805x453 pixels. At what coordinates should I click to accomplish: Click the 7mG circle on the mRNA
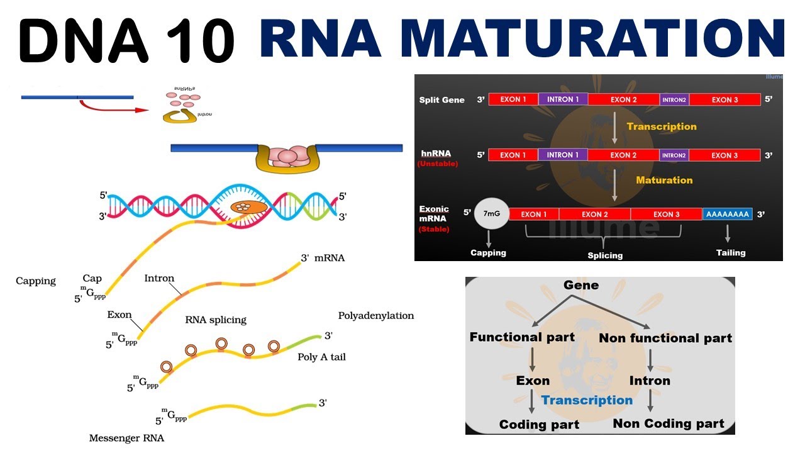pyautogui.click(x=492, y=215)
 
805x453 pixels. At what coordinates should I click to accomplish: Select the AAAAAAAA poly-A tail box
pyautogui.click(x=727, y=215)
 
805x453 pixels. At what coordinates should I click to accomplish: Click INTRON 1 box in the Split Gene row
pyautogui.click(x=563, y=99)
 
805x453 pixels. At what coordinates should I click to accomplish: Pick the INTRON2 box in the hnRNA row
pyautogui.click(x=674, y=155)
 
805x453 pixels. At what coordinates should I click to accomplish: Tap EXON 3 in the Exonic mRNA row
pyautogui.click(x=666, y=215)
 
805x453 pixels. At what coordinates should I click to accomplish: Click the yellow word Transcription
pyautogui.click(x=662, y=126)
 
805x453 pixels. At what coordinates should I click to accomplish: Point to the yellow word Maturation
pyautogui.click(x=663, y=180)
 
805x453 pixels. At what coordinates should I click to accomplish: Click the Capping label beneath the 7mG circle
pyautogui.click(x=488, y=253)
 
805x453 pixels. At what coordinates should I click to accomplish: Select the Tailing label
pyautogui.click(x=730, y=253)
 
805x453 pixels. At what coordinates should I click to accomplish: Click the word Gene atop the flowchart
pyautogui.click(x=581, y=286)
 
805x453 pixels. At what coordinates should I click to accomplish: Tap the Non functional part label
pyautogui.click(x=665, y=338)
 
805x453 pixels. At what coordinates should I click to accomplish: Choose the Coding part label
pyautogui.click(x=539, y=425)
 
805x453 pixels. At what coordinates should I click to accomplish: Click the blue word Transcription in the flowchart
pyautogui.click(x=587, y=401)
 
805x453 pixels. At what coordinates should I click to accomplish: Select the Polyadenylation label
pyautogui.click(x=376, y=316)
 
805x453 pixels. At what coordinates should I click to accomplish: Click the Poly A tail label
pyautogui.click(x=321, y=357)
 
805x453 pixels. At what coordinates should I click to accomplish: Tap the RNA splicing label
pyautogui.click(x=216, y=320)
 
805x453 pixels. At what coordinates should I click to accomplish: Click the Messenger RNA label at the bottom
pyautogui.click(x=126, y=438)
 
